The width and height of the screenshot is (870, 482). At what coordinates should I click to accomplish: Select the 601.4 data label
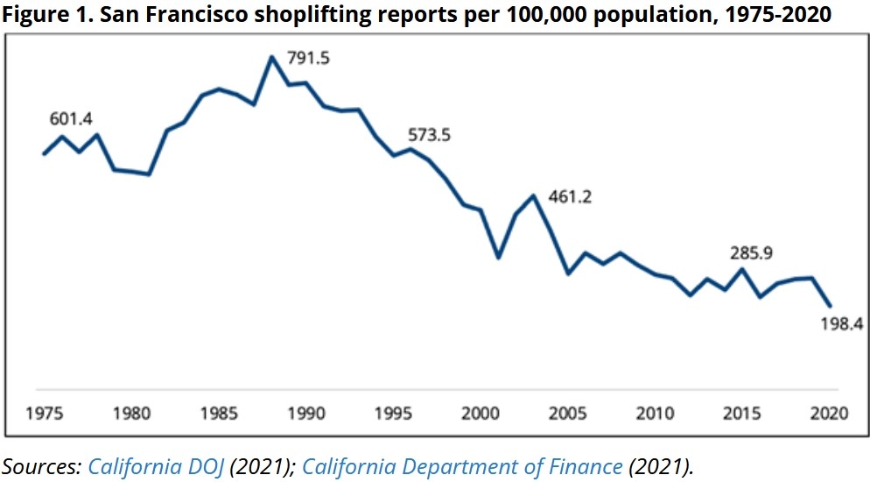tap(71, 119)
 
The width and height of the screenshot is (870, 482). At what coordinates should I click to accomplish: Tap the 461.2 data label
tap(570, 196)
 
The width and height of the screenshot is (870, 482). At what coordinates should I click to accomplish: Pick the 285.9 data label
tap(752, 253)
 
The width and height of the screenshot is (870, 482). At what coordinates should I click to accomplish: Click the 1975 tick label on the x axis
tap(44, 412)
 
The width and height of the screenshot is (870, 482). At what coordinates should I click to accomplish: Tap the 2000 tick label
tap(481, 412)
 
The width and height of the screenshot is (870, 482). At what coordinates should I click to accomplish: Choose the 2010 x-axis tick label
tap(654, 412)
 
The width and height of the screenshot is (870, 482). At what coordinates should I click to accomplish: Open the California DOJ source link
tap(157, 466)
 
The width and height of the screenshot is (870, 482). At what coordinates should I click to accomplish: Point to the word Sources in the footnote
tap(40, 466)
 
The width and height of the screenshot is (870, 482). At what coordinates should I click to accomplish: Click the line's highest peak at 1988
tap(271, 58)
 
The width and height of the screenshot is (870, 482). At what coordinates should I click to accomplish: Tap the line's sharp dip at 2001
tap(498, 258)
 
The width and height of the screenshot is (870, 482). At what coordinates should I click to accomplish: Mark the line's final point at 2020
tap(830, 306)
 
